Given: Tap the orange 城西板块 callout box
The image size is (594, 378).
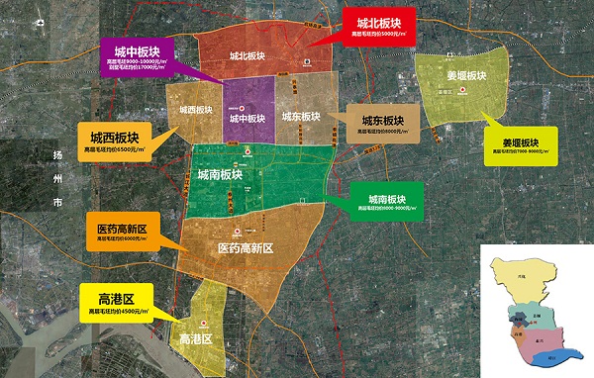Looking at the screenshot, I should click(114, 141).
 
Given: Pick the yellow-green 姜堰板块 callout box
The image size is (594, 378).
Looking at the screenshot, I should click(514, 145).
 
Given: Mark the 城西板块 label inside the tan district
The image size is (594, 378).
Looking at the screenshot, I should click(197, 110).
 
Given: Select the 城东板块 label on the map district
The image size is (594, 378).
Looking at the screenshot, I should click(300, 116).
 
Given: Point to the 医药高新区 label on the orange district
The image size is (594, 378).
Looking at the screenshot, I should click(244, 249).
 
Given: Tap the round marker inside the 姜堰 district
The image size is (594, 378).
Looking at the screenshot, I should click(461, 91).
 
